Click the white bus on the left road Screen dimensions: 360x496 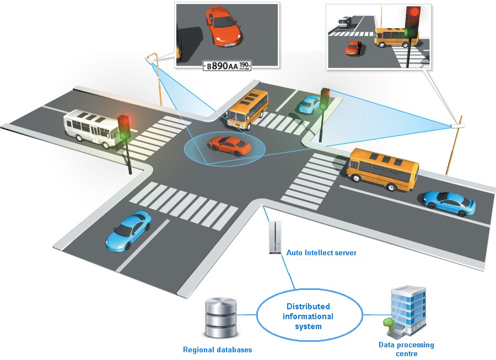point(88,128)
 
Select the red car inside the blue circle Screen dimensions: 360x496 point(230,145)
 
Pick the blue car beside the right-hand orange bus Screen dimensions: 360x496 point(449,203)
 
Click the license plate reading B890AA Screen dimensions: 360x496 point(221,66)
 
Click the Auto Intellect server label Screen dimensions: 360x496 point(321,253)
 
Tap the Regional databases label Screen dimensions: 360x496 point(218,350)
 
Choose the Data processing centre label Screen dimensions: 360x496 point(406,349)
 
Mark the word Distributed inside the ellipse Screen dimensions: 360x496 point(308,307)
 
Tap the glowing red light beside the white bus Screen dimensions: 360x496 point(125,121)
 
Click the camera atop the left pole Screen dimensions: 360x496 point(150,58)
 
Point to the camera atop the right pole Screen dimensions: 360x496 point(458,124)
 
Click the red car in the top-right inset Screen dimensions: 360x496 point(353,48)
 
